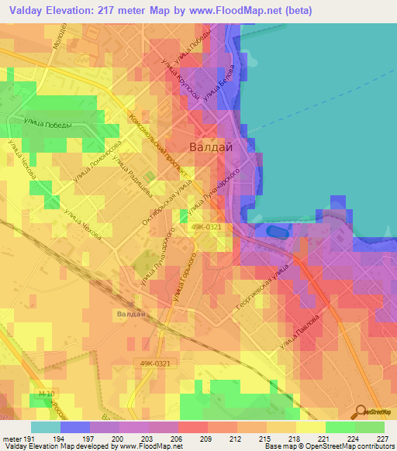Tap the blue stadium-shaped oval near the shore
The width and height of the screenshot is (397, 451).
(x=275, y=231)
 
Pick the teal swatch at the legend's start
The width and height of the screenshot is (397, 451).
(x=46, y=427)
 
